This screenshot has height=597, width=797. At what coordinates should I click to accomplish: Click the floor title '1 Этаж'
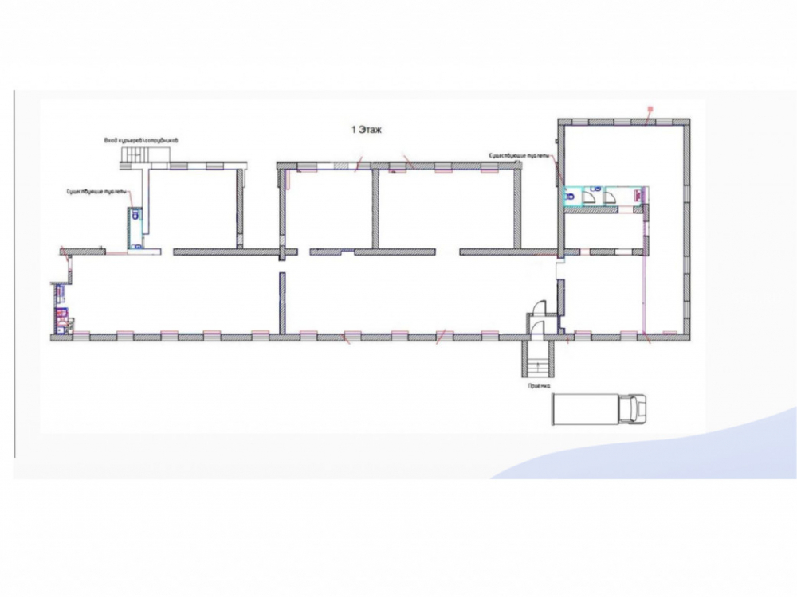367,129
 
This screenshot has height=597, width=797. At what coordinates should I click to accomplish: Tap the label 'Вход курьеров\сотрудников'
141,140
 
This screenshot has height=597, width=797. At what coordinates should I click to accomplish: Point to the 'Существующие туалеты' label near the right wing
517,155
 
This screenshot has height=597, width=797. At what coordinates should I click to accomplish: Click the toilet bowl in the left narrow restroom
135,214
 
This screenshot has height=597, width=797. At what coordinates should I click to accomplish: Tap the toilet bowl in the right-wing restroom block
571,194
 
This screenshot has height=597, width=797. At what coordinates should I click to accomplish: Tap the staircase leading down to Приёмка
536,357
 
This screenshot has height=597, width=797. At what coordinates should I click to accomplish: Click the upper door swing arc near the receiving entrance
538,306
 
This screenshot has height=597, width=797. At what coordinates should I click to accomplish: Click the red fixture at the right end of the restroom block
638,193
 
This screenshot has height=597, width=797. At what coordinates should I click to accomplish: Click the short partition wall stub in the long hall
281,302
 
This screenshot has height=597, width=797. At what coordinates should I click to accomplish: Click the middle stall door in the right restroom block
594,195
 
